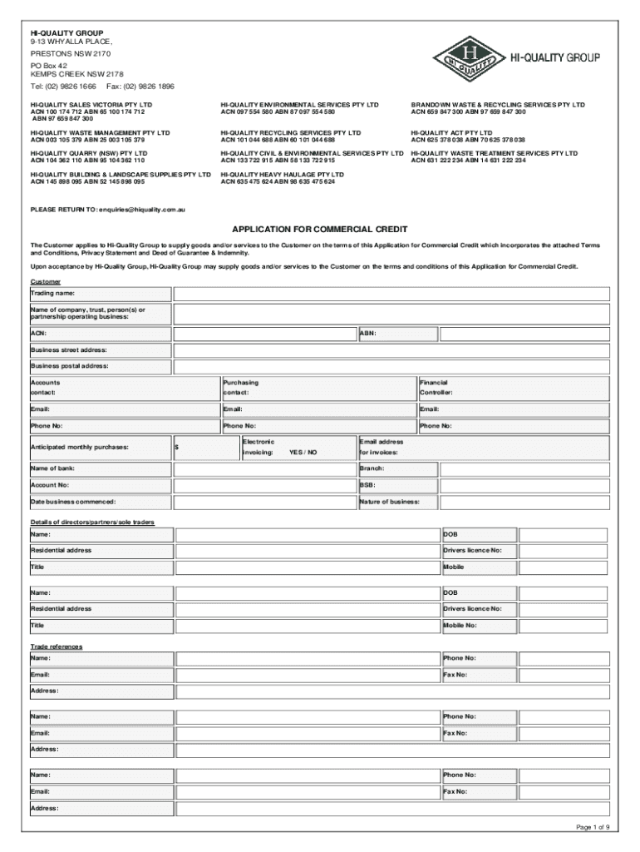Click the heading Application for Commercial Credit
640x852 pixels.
(x=319, y=229)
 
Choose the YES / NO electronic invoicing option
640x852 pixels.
(x=303, y=453)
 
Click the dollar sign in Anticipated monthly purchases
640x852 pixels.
(x=177, y=448)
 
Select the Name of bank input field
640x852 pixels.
(x=264, y=469)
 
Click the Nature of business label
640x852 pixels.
(x=389, y=503)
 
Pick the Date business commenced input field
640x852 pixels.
(x=264, y=503)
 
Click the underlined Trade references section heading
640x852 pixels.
(x=57, y=646)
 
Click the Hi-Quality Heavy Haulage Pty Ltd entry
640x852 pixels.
(x=282, y=175)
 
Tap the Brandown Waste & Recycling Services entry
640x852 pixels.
(x=498, y=105)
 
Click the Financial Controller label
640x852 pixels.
(x=436, y=388)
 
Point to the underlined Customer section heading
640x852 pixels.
(x=46, y=282)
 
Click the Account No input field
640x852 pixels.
(x=264, y=485)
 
